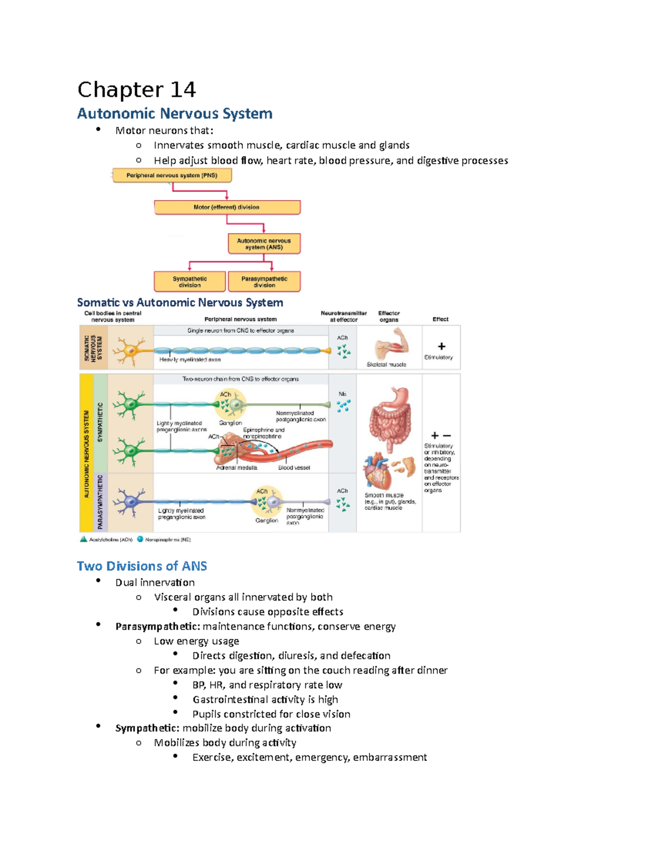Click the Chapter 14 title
coord(136,89)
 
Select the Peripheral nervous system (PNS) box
coord(172,175)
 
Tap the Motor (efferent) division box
coord(227,207)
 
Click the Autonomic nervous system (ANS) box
coord(264,244)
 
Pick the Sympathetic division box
coord(189,281)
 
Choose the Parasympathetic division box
coord(264,281)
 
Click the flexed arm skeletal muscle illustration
coord(391,344)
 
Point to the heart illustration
coord(378,471)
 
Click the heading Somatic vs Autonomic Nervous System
coord(180,303)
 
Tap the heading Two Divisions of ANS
coord(142,566)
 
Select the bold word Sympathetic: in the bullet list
coord(147,728)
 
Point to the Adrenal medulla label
coord(236,467)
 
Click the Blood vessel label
coord(294,467)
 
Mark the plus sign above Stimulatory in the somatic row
coord(442,346)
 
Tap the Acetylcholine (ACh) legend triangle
coord(84,539)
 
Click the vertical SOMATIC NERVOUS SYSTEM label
coord(93,347)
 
